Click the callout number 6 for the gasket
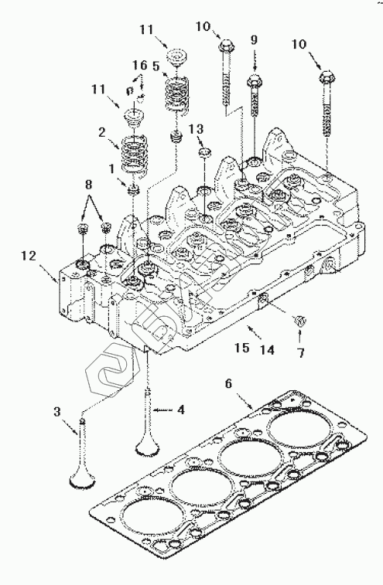[x=229, y=383]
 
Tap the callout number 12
[x=29, y=256]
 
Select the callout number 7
[x=301, y=352]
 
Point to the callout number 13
[x=196, y=129]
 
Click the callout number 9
[x=254, y=40]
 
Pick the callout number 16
[x=140, y=65]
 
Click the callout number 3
[x=56, y=412]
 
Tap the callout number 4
[x=181, y=410]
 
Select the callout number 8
[x=88, y=185]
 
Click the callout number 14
[x=268, y=350]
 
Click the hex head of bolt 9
[x=255, y=80]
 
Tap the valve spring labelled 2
[x=134, y=152]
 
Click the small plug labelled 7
[x=300, y=320]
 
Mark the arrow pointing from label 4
[x=163, y=410]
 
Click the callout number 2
[x=101, y=132]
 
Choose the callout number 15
[x=242, y=348]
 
